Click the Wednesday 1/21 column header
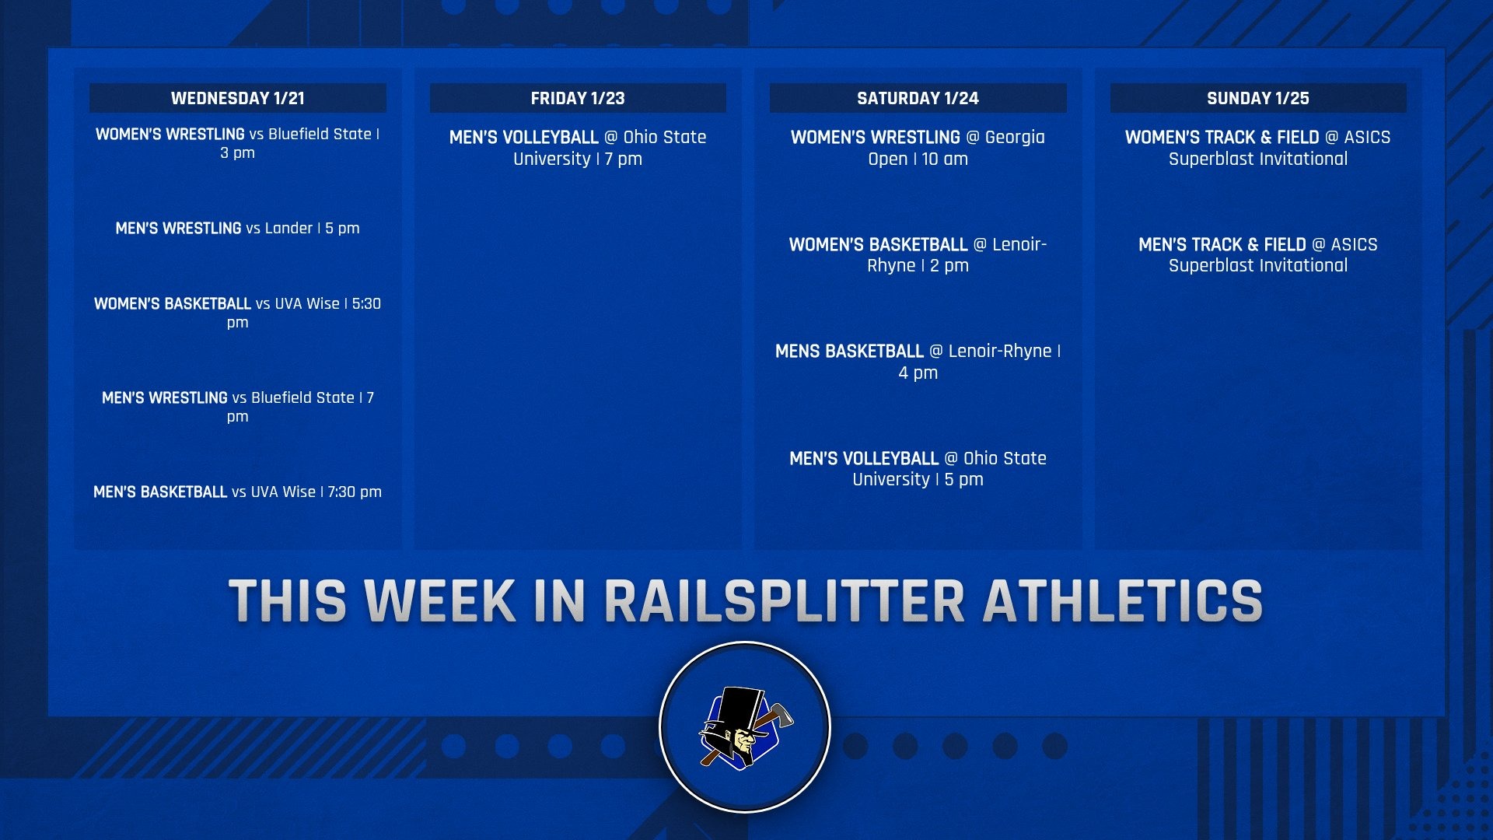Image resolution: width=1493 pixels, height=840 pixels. pos(237,98)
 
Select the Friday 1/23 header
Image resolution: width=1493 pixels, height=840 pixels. pos(578,98)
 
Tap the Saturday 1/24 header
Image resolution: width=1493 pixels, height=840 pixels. pos(918,98)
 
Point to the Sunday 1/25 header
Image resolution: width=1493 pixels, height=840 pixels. pos(1257,98)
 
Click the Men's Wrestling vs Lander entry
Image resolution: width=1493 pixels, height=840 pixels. pos(237,228)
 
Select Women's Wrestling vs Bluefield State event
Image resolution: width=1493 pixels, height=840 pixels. pos(237,143)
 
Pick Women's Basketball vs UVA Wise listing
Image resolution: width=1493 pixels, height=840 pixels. pos(237,312)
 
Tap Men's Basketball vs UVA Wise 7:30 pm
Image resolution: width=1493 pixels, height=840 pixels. pos(237,492)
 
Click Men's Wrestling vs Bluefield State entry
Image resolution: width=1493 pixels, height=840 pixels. pos(237,406)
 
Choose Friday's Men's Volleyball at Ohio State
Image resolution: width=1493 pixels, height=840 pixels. pos(578,148)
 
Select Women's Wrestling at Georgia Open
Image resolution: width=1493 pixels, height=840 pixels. pos(918,148)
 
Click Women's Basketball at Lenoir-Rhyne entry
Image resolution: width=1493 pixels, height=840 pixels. pos(918,254)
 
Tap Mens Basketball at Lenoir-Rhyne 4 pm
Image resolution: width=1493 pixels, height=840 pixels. pos(918,362)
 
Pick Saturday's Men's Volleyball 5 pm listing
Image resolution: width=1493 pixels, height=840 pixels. pos(918,468)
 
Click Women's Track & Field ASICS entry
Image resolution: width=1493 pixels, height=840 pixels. pos(1257,148)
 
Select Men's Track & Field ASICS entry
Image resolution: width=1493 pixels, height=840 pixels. pos(1257,254)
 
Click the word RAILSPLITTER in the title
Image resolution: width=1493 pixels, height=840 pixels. pos(785,601)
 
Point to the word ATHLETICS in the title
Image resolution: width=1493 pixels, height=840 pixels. pos(1122,601)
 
